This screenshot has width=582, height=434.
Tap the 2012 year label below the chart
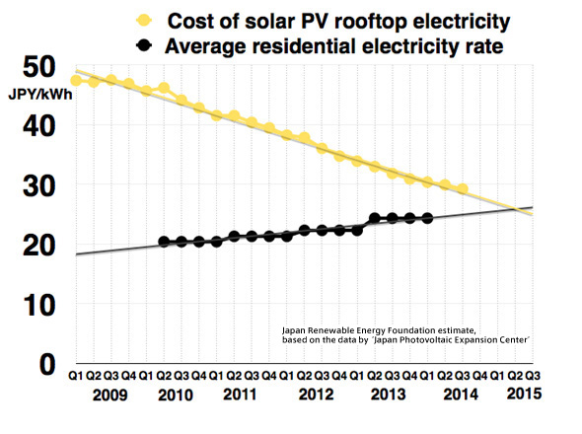(x=314, y=395)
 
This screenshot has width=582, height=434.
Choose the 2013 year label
(x=385, y=395)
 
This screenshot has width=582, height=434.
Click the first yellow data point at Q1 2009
(x=76, y=80)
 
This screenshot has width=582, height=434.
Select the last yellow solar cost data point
(x=463, y=188)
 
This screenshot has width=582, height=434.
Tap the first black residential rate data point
(x=164, y=242)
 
